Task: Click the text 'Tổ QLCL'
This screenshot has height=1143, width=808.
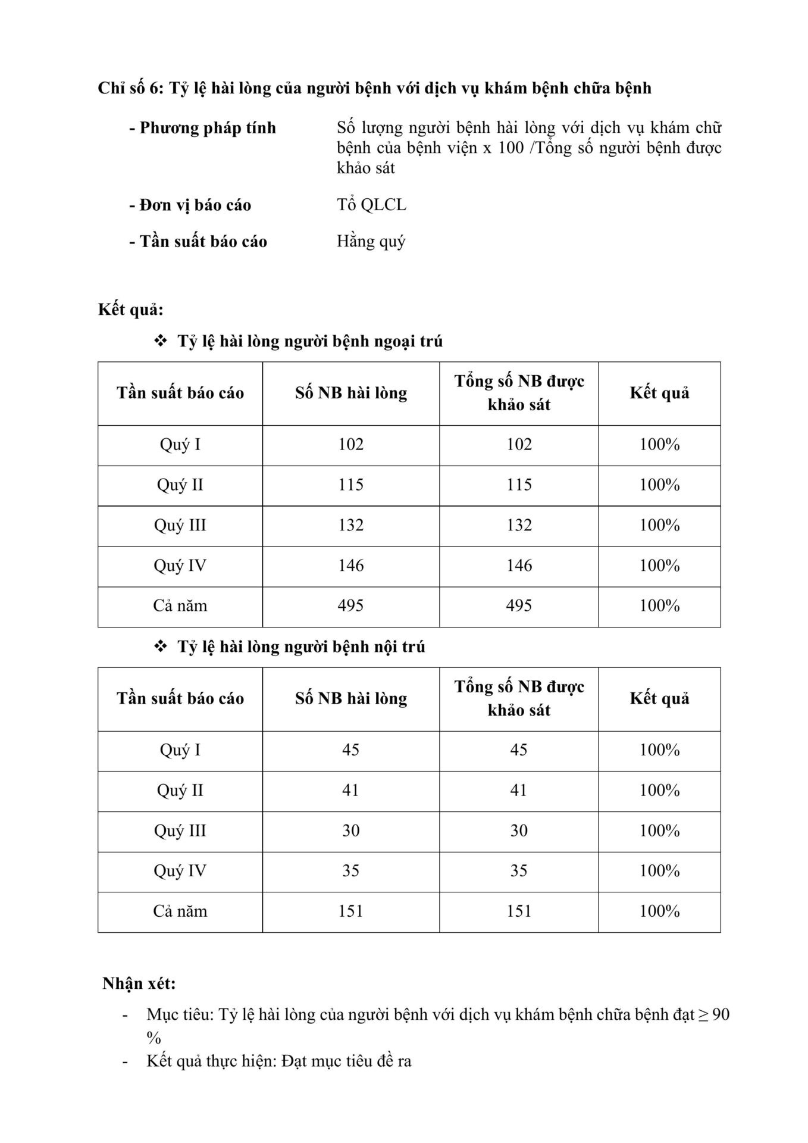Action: tap(371, 205)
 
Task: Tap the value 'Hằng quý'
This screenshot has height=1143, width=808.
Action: tap(371, 242)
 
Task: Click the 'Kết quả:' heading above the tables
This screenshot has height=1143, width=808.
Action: tap(130, 310)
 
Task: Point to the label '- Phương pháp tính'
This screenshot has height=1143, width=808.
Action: tap(202, 128)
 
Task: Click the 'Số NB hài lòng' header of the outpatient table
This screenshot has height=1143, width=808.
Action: tap(350, 393)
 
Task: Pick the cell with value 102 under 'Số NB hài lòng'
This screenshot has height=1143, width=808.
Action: tap(350, 445)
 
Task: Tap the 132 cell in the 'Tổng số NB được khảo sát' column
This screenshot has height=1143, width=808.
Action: tap(519, 525)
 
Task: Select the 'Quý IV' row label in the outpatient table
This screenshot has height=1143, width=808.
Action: tap(180, 566)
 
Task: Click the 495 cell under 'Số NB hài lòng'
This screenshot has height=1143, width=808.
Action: tap(350, 606)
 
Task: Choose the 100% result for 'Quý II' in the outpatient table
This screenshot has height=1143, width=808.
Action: tap(659, 485)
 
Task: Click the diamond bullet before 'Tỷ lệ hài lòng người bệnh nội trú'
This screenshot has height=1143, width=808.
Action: tap(161, 647)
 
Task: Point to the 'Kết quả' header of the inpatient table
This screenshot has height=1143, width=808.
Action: tap(659, 698)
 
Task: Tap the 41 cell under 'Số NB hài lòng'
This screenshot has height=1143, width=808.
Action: tap(350, 791)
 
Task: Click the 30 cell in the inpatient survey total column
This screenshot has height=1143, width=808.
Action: tap(519, 831)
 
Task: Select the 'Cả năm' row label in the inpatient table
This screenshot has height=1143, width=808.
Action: tap(180, 911)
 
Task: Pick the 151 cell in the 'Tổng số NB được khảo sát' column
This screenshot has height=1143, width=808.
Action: tap(519, 911)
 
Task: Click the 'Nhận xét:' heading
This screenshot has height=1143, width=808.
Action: tap(139, 983)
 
